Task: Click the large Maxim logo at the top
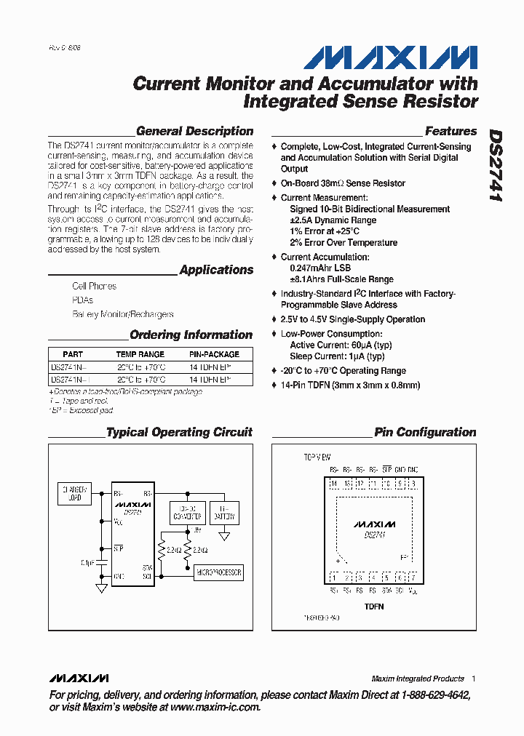coord(391,58)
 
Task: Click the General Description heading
coord(194,132)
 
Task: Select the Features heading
coord(450,132)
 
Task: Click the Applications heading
coord(216,270)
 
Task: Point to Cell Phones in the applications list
coord(94,287)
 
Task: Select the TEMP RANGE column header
coord(140,354)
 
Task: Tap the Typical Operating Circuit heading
coord(179,432)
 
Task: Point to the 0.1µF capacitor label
coord(88,562)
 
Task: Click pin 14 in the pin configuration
coord(334,484)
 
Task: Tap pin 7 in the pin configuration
coord(413,577)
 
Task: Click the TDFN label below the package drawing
coord(373,606)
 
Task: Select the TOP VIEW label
coord(317,457)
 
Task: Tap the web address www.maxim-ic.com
coord(215,707)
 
